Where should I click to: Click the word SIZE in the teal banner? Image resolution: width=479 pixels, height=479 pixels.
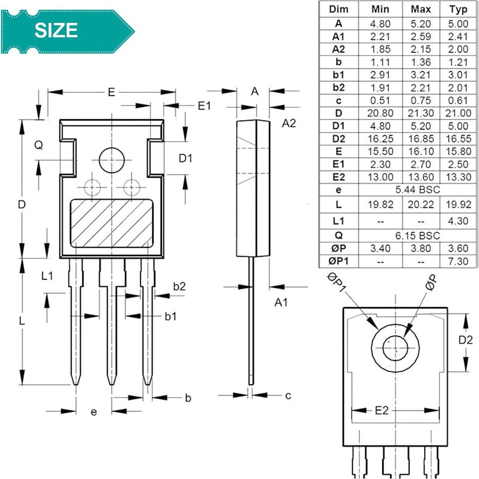(56, 31)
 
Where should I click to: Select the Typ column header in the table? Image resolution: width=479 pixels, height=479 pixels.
(458, 9)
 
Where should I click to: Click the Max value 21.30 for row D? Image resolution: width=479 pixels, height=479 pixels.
(420, 113)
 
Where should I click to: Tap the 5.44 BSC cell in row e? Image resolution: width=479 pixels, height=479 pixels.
(418, 190)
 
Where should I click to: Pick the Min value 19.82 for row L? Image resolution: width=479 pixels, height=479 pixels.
(380, 204)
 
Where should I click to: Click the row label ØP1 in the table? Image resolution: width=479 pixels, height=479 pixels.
(338, 261)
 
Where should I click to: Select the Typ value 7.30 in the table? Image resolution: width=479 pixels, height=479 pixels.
(458, 261)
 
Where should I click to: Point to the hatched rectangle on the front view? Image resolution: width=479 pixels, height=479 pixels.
(112, 223)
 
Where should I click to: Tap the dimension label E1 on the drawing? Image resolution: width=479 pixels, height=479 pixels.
(204, 106)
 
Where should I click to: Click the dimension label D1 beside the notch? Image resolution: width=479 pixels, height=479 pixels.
(185, 158)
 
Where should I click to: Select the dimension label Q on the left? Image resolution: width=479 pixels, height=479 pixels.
(39, 145)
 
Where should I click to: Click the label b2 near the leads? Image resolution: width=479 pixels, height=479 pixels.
(179, 286)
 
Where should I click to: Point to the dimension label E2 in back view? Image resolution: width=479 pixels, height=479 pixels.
(382, 410)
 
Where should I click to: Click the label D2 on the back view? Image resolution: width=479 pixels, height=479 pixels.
(465, 340)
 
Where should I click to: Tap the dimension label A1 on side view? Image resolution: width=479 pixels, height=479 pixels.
(281, 302)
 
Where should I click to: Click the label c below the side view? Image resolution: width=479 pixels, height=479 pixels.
(288, 396)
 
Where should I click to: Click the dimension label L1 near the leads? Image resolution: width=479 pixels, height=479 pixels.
(47, 276)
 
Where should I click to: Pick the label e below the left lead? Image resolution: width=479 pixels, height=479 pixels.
(94, 412)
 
